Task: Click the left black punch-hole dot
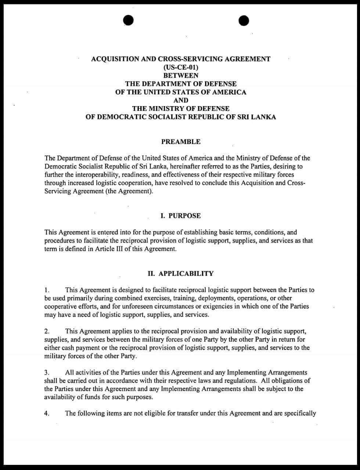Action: pyautogui.click(x=128, y=21)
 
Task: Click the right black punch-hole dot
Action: pyautogui.click(x=244, y=21)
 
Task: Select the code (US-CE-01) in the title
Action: pyautogui.click(x=181, y=67)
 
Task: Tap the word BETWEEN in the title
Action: pyautogui.click(x=181, y=76)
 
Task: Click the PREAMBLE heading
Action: pyautogui.click(x=181, y=142)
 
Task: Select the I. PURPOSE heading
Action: pyautogui.click(x=181, y=216)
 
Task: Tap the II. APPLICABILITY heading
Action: pyautogui.click(x=180, y=274)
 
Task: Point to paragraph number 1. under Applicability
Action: pyautogui.click(x=47, y=290)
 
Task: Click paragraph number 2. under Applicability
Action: pyautogui.click(x=47, y=331)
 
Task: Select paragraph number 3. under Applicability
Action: pyautogui.click(x=47, y=373)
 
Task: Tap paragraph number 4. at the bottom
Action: pyautogui.click(x=47, y=413)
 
